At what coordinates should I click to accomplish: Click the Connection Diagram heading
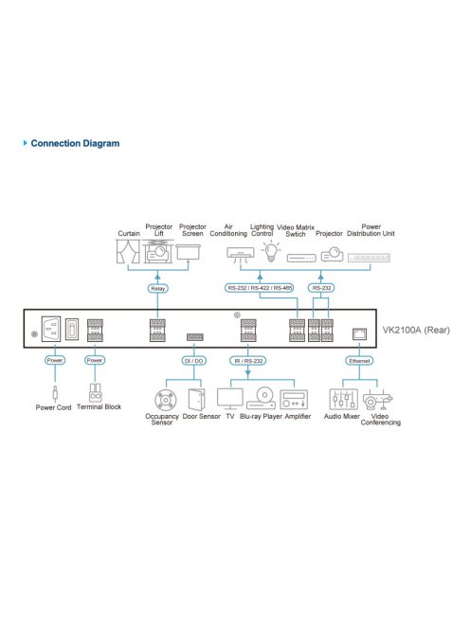pyautogui.click(x=75, y=144)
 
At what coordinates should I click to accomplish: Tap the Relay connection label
pyautogui.click(x=157, y=288)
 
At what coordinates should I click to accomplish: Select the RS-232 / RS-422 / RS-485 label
pyautogui.click(x=260, y=288)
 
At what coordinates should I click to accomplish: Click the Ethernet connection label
pyautogui.click(x=357, y=360)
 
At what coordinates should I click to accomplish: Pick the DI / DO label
pyautogui.click(x=193, y=360)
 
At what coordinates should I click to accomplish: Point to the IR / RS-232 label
pyautogui.click(x=248, y=360)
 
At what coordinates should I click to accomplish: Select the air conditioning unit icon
pyautogui.click(x=240, y=254)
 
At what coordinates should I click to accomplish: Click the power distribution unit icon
pyautogui.click(x=370, y=256)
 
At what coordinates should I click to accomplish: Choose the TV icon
pyautogui.click(x=230, y=397)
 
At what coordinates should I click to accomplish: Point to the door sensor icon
pyautogui.click(x=196, y=397)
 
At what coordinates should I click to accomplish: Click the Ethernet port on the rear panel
pyautogui.click(x=358, y=332)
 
